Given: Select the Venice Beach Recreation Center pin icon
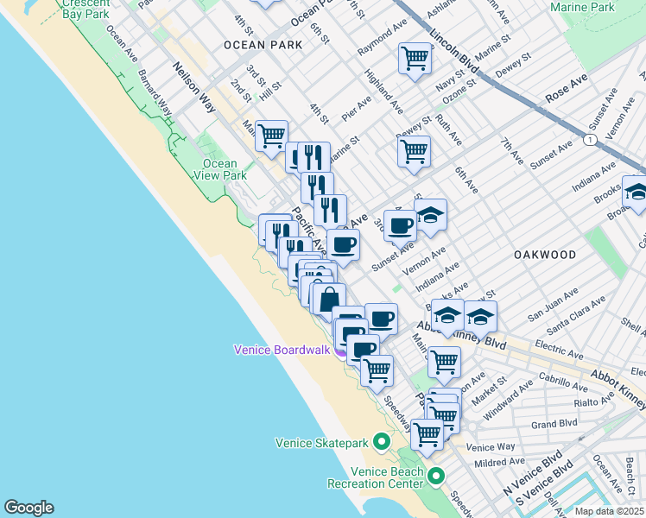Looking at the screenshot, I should [x=436, y=477].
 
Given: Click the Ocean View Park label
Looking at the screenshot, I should [x=220, y=169].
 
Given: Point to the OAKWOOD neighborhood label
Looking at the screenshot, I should [x=544, y=255].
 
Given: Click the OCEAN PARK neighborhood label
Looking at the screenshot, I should [x=263, y=44].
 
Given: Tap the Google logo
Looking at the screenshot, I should [x=28, y=508].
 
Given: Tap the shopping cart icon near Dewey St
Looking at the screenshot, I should [x=414, y=150].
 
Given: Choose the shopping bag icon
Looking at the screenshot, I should [x=329, y=300].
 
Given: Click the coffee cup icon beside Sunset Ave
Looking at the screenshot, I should [x=400, y=226].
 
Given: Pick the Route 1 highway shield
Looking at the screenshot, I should [x=588, y=139].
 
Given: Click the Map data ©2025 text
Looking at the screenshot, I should [x=610, y=511].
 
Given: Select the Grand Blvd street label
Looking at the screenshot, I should [x=548, y=425].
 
